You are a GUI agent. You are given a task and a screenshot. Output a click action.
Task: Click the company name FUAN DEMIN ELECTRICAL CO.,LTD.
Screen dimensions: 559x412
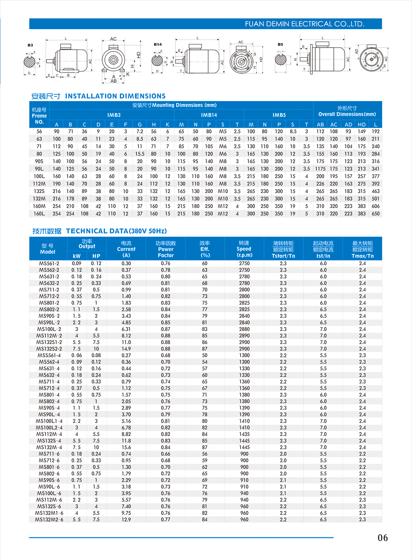pyautogui.click(x=305, y=24)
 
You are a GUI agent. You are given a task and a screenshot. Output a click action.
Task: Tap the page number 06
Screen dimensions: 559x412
pyautogui.click(x=382, y=538)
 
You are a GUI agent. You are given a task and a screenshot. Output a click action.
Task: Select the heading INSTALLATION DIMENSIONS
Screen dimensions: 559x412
pyautogui.click(x=115, y=96)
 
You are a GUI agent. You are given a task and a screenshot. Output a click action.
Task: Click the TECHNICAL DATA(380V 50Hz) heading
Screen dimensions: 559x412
pyautogui.click(x=116, y=231)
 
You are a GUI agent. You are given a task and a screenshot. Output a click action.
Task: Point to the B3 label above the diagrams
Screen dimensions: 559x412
pyautogui.click(x=30, y=45)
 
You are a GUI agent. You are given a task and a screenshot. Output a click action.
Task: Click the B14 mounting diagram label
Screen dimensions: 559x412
pyautogui.click(x=158, y=44)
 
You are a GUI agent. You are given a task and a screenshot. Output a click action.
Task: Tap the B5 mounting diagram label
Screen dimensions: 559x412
pyautogui.click(x=280, y=44)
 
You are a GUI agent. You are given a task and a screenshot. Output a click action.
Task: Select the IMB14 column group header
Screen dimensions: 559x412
pyautogui.click(x=209, y=115)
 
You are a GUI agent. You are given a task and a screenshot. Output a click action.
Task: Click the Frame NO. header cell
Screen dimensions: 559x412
pyautogui.click(x=39, y=116)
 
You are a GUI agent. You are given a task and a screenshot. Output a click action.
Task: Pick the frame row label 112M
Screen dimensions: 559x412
pyautogui.click(x=39, y=184)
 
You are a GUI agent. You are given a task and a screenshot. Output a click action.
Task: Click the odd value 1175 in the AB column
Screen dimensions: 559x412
pyautogui.click(x=320, y=169)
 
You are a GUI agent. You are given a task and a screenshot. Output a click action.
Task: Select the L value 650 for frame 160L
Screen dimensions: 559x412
pyautogui.click(x=375, y=214)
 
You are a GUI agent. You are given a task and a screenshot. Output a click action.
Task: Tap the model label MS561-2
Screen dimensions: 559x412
pyautogui.click(x=49, y=264)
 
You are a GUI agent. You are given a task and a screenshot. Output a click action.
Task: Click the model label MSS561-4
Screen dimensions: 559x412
pyautogui.click(x=49, y=355)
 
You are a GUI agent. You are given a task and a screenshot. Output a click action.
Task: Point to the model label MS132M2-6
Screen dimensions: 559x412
pyautogui.click(x=49, y=520)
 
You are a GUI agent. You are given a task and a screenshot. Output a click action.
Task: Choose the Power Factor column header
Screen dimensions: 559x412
pyautogui.click(x=165, y=249)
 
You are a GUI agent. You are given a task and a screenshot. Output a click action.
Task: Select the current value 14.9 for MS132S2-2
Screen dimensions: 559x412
pyautogui.click(x=126, y=349)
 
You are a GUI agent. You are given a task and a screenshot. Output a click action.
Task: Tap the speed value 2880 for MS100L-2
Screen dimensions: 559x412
pyautogui.click(x=244, y=329)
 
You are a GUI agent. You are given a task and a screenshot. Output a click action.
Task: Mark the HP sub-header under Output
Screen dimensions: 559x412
pyautogui.click(x=96, y=256)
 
